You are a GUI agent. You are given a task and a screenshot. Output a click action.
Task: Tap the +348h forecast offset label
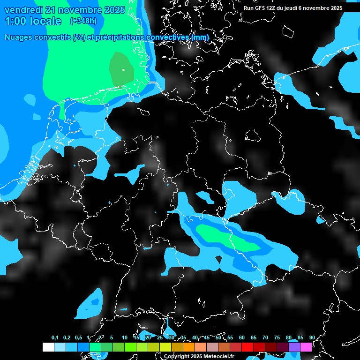pyautogui.click(x=83, y=21)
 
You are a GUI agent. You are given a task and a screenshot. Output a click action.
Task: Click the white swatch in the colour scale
pyautogui.click(x=48, y=347)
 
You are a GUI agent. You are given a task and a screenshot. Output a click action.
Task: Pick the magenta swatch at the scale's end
pyautogui.click(x=306, y=347)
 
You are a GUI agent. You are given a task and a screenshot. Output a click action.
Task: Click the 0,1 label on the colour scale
pyautogui.click(x=55, y=338)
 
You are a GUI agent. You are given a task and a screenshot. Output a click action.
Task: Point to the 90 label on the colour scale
pyautogui.click(x=312, y=338)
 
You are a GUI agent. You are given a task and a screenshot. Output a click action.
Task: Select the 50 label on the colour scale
pyautogui.click(x=218, y=338)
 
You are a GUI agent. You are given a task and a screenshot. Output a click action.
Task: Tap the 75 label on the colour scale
pyautogui.click(x=277, y=338)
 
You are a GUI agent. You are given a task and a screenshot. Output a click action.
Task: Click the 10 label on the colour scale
pyautogui.click(x=124, y=338)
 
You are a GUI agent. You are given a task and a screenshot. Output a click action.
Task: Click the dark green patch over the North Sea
pyautogui.click(x=121, y=69)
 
